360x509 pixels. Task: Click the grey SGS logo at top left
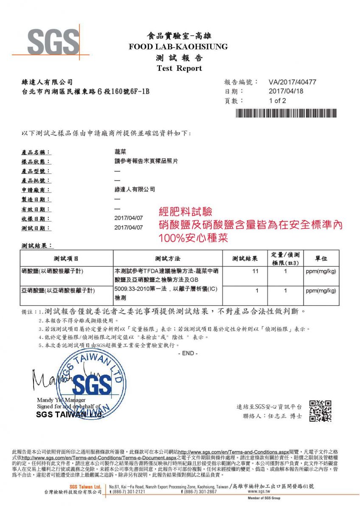[53, 42]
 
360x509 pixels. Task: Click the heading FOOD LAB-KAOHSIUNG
[178, 47]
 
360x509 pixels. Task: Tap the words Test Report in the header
[179, 68]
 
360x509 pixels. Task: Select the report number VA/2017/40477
[292, 82]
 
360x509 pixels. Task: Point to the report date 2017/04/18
[286, 91]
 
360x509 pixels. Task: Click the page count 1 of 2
[278, 101]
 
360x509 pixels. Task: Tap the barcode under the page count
[286, 113]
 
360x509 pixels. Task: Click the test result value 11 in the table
[255, 271]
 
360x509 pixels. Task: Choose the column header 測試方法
[168, 258]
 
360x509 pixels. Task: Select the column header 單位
[321, 258]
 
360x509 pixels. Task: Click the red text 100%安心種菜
[193, 238]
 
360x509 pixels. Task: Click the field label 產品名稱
[36, 152]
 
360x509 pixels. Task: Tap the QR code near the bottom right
[320, 411]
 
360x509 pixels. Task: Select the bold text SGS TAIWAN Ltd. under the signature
[70, 414]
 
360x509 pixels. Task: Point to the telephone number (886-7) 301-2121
[128, 492]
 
